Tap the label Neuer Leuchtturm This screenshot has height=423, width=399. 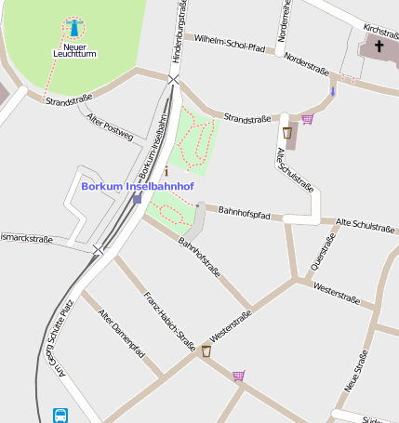point(74,49)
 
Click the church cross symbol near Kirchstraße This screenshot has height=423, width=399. point(379,46)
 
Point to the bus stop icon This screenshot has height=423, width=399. point(60,415)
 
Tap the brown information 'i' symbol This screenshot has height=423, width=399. point(166,171)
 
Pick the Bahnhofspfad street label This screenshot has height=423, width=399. point(244,213)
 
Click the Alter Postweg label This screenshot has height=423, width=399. point(109,126)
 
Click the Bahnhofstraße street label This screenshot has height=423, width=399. point(199,258)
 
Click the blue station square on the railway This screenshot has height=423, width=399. point(137,198)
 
